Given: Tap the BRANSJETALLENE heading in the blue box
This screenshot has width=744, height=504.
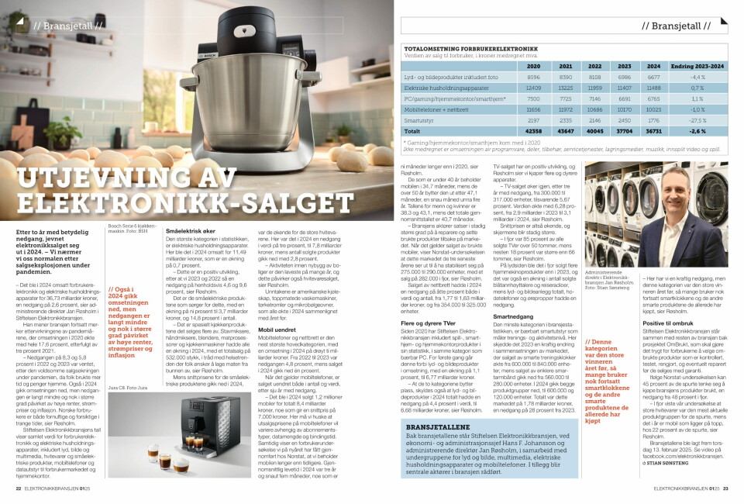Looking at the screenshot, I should point(429,426).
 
